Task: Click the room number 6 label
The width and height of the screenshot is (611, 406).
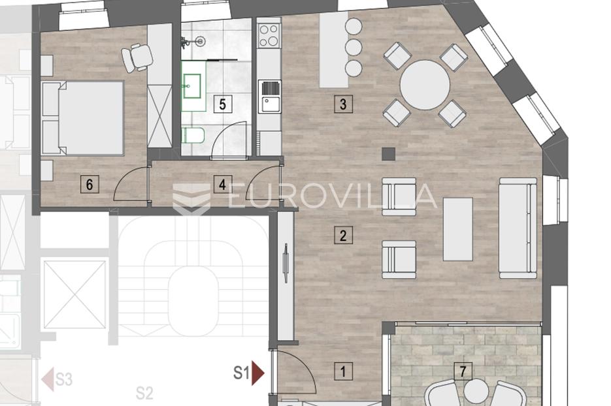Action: (x=90, y=184)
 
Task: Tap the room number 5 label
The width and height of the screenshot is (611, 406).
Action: (x=222, y=104)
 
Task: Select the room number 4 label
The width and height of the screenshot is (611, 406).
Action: (x=222, y=184)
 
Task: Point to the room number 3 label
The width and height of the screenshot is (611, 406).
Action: (x=343, y=104)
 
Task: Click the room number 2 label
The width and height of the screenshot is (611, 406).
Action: (x=343, y=236)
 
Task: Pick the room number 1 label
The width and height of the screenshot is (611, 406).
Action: (x=343, y=371)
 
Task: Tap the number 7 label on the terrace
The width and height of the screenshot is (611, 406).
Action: (x=463, y=371)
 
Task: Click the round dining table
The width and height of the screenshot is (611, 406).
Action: (x=425, y=84)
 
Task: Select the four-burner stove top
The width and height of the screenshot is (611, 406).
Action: (x=269, y=35)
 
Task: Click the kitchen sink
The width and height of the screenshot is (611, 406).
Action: (x=271, y=97)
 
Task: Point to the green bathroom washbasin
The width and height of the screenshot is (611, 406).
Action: (x=193, y=86)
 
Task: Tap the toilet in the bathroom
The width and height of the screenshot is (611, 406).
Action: (x=193, y=136)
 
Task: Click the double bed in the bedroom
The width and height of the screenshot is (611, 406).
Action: (x=82, y=118)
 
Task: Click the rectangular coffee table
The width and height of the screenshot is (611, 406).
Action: (x=458, y=229)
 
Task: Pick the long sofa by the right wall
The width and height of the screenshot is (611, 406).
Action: (x=518, y=228)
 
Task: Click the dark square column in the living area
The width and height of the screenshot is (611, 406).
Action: (x=389, y=154)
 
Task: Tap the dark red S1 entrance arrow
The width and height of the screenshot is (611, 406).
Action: (x=258, y=373)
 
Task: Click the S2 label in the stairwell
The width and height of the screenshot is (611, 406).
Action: (x=144, y=393)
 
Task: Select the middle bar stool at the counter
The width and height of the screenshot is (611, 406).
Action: (x=354, y=47)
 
